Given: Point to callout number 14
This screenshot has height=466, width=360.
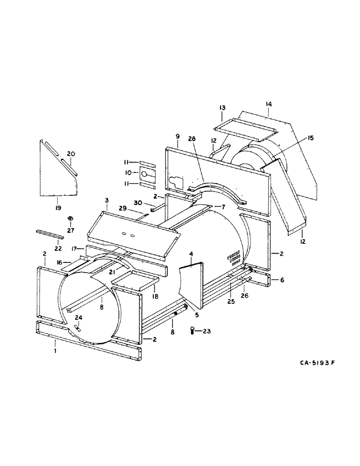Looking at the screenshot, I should pyautogui.click(x=269, y=104).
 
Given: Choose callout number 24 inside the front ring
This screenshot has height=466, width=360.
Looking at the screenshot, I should pyautogui.click(x=79, y=318).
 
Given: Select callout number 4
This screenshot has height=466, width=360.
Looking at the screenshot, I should pyautogui.click(x=191, y=254).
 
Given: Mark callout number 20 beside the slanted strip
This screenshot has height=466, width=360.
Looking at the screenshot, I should pyautogui.click(x=71, y=154).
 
